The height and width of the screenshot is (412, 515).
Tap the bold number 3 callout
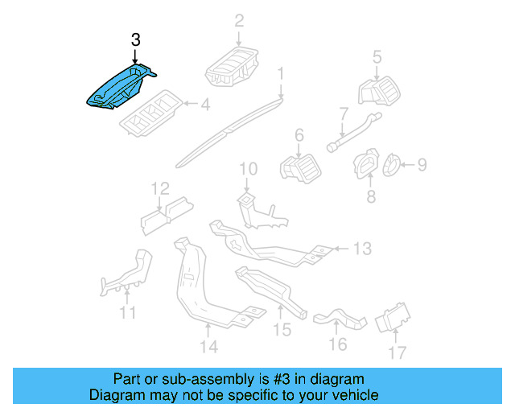135,39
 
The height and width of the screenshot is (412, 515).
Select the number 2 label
239,21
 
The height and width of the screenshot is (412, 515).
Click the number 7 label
343,113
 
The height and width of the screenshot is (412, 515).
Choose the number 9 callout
422,165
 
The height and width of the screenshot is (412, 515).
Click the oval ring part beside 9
392,166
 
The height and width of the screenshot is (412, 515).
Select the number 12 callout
160,189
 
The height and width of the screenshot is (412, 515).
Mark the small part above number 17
393,317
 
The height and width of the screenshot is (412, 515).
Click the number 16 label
337,344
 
